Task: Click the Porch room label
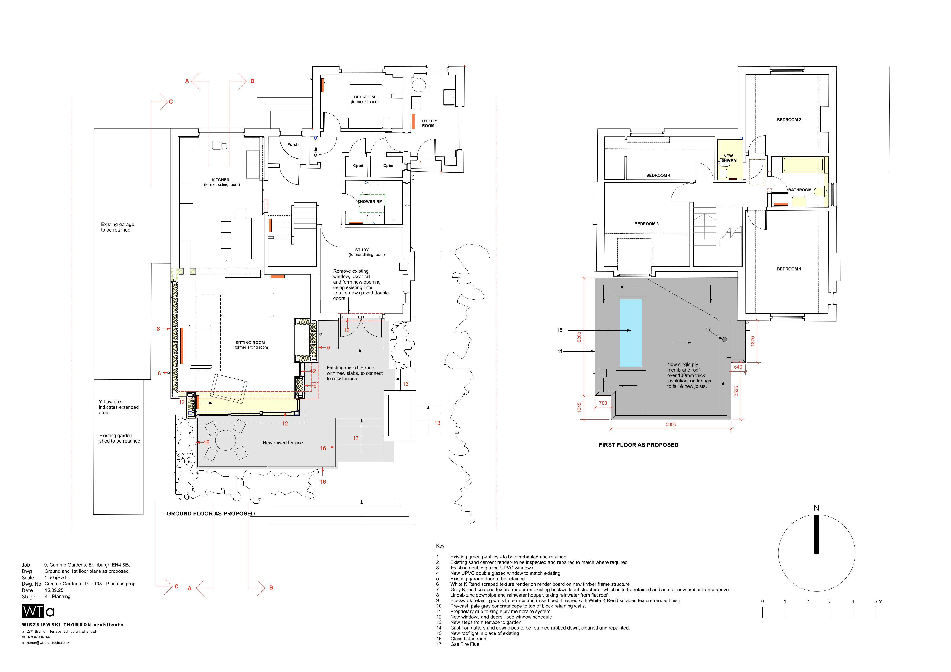coord(293,145)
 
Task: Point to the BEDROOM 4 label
coord(658,175)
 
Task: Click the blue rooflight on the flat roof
coord(631,333)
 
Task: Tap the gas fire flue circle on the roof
coord(724,340)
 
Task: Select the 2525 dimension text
coord(736,391)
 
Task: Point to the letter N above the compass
coord(816,508)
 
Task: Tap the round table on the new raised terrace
coord(226,440)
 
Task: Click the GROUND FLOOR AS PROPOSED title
coord(211,514)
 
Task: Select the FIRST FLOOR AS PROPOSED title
coord(639,445)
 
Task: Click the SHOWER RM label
coord(370,202)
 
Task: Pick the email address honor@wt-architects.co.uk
coord(48,643)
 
